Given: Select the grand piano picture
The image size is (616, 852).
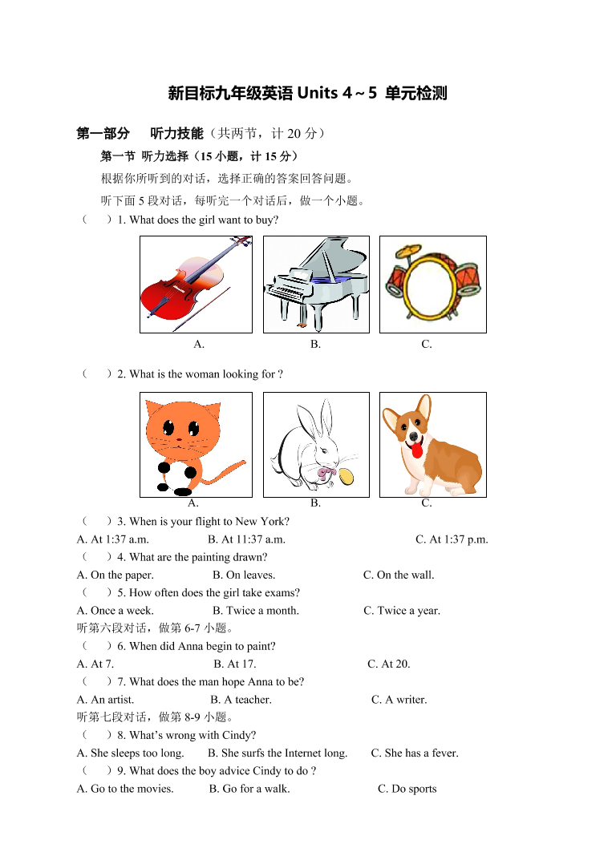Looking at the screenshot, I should point(316,285).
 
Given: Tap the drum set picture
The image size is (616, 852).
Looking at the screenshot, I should point(432,285).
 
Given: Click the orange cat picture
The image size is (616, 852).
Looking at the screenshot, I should point(193,445).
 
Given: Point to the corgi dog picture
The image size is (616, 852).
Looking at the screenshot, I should point(432,445).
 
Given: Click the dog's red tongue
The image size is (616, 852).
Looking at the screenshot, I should point(415,450).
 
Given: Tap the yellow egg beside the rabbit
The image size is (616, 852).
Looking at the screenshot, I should point(346,476).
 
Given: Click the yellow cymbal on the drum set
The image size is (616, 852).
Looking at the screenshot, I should point(409,252).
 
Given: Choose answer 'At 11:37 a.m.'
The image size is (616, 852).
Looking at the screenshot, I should point(246,539).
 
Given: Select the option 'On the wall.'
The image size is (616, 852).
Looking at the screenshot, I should point(399,575).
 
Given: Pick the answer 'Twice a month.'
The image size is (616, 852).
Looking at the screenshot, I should point(255,611).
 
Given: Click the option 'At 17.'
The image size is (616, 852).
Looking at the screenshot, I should point(234,664).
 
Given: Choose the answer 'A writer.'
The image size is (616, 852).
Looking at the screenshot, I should point(399,700).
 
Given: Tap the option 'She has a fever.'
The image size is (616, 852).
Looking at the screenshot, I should point(414,753).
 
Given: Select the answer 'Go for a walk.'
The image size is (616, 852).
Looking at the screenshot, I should point(249,789).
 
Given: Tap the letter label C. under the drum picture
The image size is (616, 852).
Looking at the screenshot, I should point(427,345).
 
